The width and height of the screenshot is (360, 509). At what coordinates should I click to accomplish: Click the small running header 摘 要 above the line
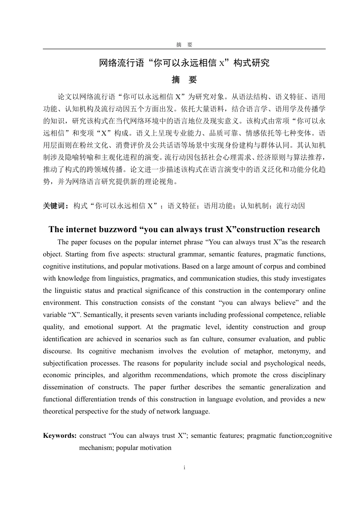point(184,45)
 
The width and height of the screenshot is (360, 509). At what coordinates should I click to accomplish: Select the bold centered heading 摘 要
point(184,80)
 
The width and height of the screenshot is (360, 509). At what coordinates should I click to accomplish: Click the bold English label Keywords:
point(60,436)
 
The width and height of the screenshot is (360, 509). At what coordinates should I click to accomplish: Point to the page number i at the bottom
point(184,468)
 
